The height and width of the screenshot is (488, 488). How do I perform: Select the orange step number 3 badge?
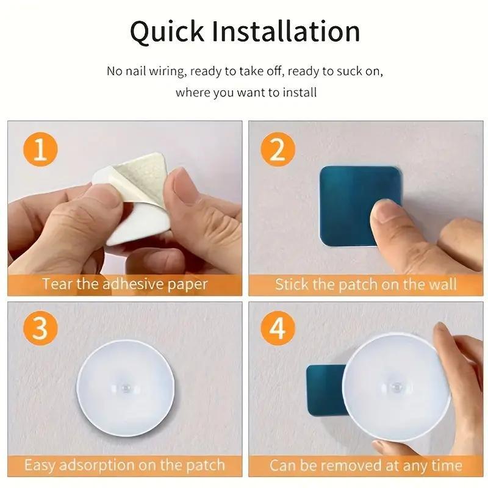tap(40, 329)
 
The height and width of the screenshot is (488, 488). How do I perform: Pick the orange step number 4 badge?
tap(278, 329)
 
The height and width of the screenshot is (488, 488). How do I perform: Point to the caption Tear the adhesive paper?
tap(124, 284)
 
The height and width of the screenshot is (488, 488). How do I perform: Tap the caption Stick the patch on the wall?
tap(365, 284)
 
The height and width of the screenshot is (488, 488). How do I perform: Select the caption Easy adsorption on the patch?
tap(124, 465)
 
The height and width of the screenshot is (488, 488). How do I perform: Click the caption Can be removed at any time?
tap(365, 465)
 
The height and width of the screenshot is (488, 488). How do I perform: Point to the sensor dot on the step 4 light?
tap(395, 387)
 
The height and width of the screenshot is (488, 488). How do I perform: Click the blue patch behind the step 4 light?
tap(323, 390)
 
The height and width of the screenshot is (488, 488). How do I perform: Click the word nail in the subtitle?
tap(140, 71)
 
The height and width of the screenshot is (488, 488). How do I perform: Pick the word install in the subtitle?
tap(300, 93)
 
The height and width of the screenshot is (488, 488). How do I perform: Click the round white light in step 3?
tap(126, 384)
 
